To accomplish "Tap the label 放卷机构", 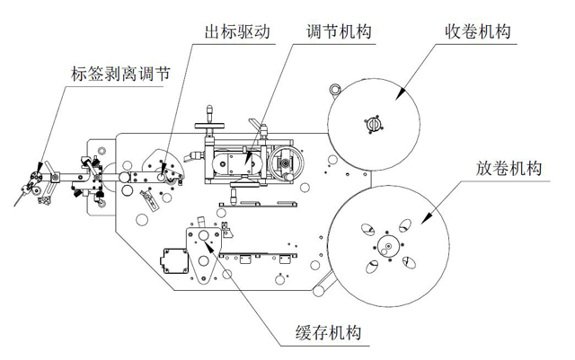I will (509, 170).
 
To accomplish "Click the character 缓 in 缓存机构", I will (306, 334).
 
